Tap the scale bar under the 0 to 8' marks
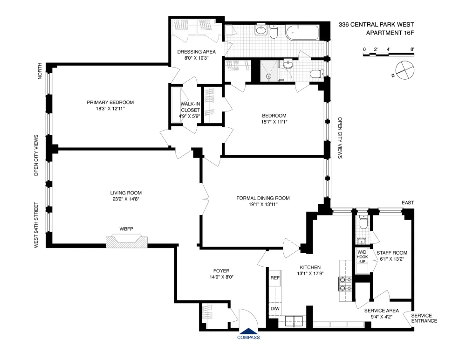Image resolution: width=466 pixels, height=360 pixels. [389, 55]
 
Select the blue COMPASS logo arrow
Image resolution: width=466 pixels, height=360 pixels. [248, 331]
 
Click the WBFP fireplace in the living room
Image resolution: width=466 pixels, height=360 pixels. [127, 241]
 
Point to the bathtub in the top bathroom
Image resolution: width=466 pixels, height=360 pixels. [302, 33]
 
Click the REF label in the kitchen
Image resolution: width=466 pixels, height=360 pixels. [275, 278]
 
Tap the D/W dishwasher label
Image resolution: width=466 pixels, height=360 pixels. [275, 309]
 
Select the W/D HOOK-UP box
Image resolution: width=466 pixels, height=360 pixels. [362, 257]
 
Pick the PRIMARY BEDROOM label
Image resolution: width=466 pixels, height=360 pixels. [110, 102]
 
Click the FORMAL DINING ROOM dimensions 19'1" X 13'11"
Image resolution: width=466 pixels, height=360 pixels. [263, 204]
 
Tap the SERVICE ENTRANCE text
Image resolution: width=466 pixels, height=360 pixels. [424, 318]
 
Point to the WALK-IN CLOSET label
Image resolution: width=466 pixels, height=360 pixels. [190, 107]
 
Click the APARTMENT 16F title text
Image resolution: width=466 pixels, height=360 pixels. [390, 33]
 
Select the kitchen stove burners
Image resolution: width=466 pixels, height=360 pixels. [345, 284]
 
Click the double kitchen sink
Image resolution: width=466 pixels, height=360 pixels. [294, 321]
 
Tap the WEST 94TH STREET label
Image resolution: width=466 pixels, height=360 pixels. [36, 225]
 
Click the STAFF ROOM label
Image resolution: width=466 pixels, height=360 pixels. [392, 253]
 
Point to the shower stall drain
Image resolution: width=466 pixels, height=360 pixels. [269, 76]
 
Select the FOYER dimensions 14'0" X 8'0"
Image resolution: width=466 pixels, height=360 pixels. [221, 277]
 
